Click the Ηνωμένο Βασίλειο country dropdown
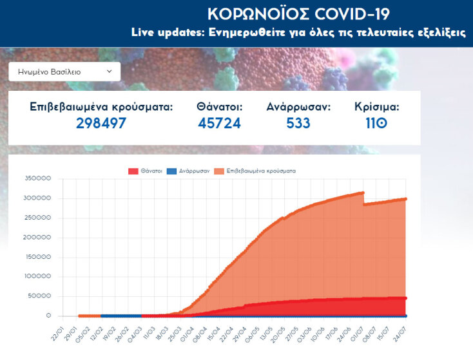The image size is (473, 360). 64,71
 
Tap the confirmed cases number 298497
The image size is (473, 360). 101,123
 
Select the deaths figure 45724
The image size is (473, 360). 219,123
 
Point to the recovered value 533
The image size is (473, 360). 298,123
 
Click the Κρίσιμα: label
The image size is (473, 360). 377,107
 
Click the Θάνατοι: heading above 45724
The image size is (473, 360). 219,107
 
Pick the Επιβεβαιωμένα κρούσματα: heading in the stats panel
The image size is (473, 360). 101,107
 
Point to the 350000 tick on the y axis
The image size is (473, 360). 37,178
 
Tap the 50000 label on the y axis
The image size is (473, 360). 39,296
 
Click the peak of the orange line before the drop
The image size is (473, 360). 363,193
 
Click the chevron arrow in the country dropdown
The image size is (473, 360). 109,71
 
